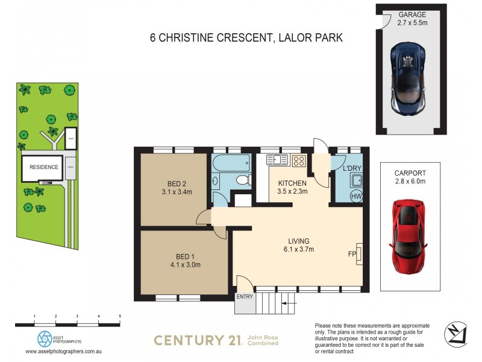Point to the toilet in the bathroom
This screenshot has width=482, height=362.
242,179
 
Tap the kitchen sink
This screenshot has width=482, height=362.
278,160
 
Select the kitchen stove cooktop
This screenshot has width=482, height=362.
299,160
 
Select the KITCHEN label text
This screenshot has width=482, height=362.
292,183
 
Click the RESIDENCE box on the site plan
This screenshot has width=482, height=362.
44,167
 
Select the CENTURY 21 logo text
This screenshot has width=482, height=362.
198,340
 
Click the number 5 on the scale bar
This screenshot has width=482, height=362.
119,316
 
